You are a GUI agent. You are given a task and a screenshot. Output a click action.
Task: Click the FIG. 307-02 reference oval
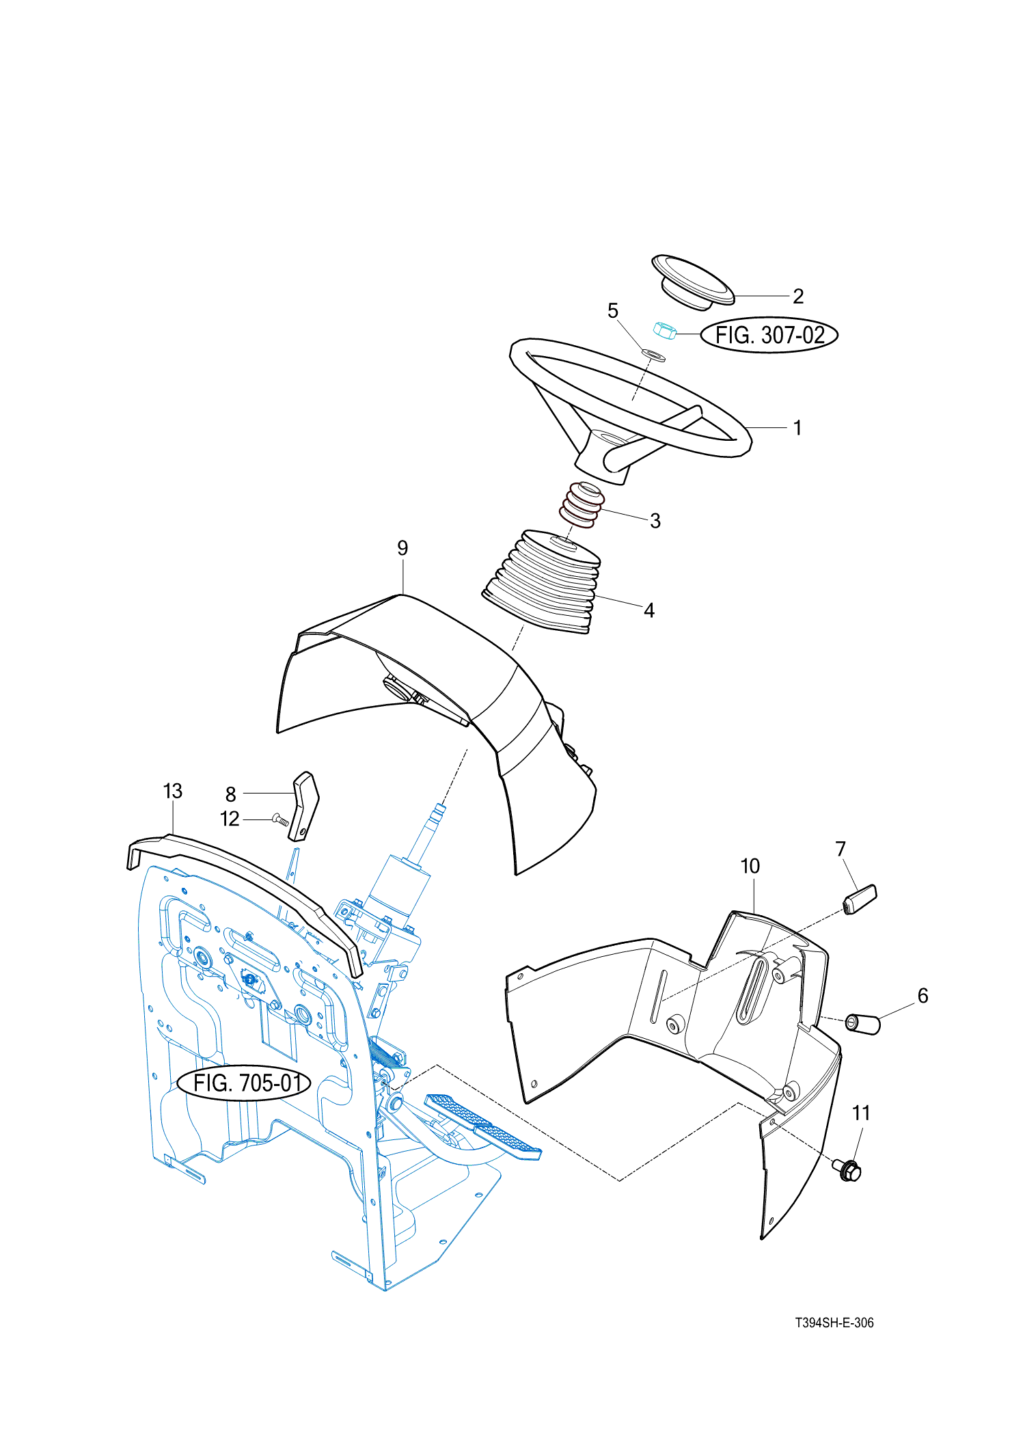click(x=769, y=335)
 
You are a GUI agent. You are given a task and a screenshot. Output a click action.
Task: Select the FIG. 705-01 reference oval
click(x=245, y=1083)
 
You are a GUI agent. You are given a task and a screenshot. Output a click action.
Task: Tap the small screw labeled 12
click(x=281, y=819)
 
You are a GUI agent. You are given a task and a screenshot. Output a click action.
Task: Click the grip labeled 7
click(x=860, y=899)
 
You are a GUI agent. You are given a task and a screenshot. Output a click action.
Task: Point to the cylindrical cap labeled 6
click(x=863, y=1025)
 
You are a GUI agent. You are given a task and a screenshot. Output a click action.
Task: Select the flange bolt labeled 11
click(x=847, y=1170)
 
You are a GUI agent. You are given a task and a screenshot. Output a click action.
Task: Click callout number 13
click(x=173, y=791)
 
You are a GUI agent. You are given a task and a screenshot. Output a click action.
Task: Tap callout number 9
click(x=402, y=548)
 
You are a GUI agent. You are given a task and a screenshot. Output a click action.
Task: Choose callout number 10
click(x=750, y=866)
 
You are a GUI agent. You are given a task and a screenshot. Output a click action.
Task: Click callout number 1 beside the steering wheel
click(x=797, y=428)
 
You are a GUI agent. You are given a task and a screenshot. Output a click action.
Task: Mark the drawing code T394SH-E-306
click(x=834, y=1323)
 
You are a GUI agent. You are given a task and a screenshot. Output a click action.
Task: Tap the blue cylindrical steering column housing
click(x=400, y=889)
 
